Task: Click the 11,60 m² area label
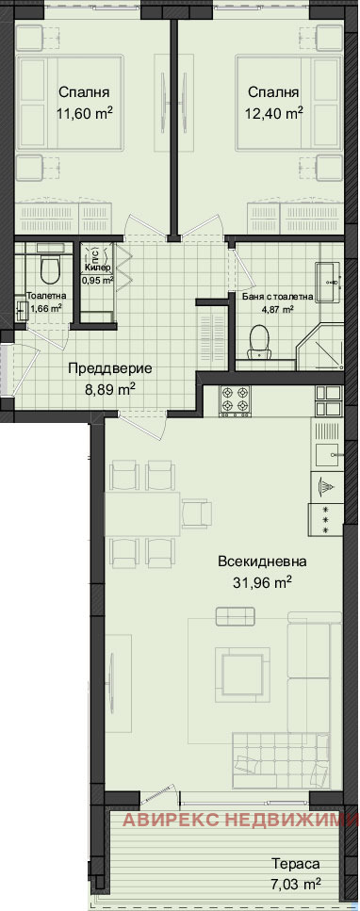click(86, 114)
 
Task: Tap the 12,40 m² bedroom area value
click(274, 114)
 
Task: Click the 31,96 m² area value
click(262, 582)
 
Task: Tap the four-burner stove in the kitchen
click(235, 401)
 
